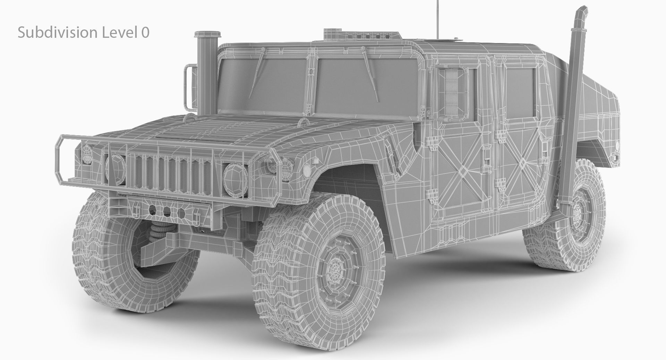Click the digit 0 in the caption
pos(145,33)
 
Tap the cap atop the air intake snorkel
pos(207,35)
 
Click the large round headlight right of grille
pos(236,176)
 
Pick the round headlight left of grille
pos(115,167)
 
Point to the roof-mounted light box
pos(362,35)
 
